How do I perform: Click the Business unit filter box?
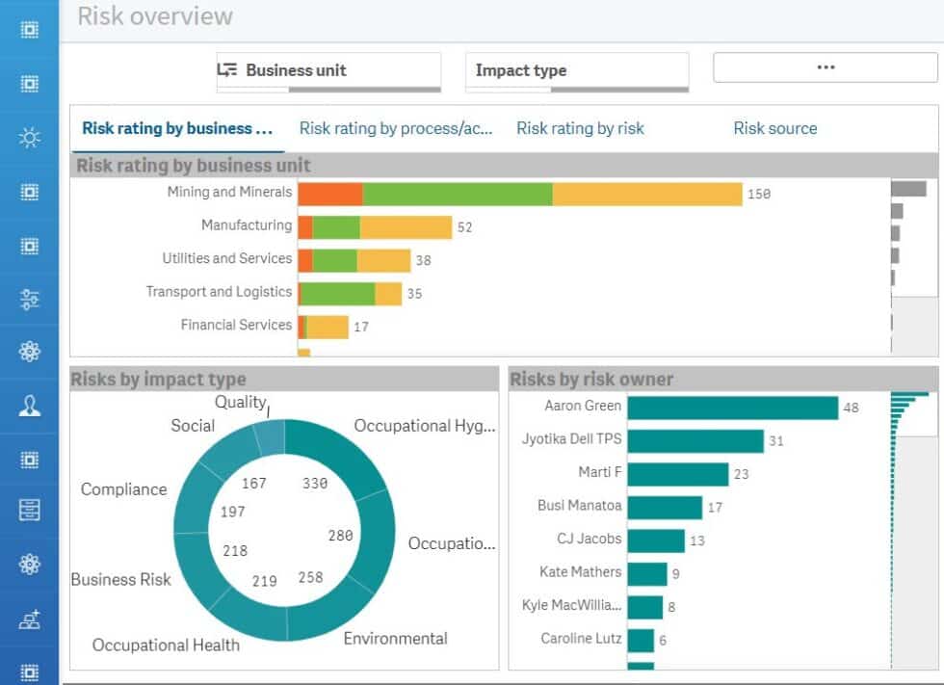tap(328, 70)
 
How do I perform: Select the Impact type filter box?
tap(576, 70)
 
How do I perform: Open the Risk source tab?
tap(774, 128)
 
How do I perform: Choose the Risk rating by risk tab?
tap(580, 128)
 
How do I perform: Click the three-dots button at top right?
tap(825, 67)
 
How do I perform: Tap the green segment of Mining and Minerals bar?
tap(457, 193)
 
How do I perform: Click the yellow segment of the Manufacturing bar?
tap(406, 227)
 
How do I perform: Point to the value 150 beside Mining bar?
tap(759, 194)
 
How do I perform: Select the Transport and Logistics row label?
tap(219, 292)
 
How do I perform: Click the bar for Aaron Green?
tap(732, 408)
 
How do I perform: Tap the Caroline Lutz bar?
tap(641, 640)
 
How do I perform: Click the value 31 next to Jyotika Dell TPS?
tap(776, 441)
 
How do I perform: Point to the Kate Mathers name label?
tap(580, 572)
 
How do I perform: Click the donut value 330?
tap(315, 484)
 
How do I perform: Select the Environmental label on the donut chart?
tap(395, 638)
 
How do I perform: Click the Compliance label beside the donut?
tap(123, 489)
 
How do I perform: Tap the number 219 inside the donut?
tap(264, 581)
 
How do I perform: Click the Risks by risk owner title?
tap(591, 380)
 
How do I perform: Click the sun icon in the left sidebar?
tap(30, 138)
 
